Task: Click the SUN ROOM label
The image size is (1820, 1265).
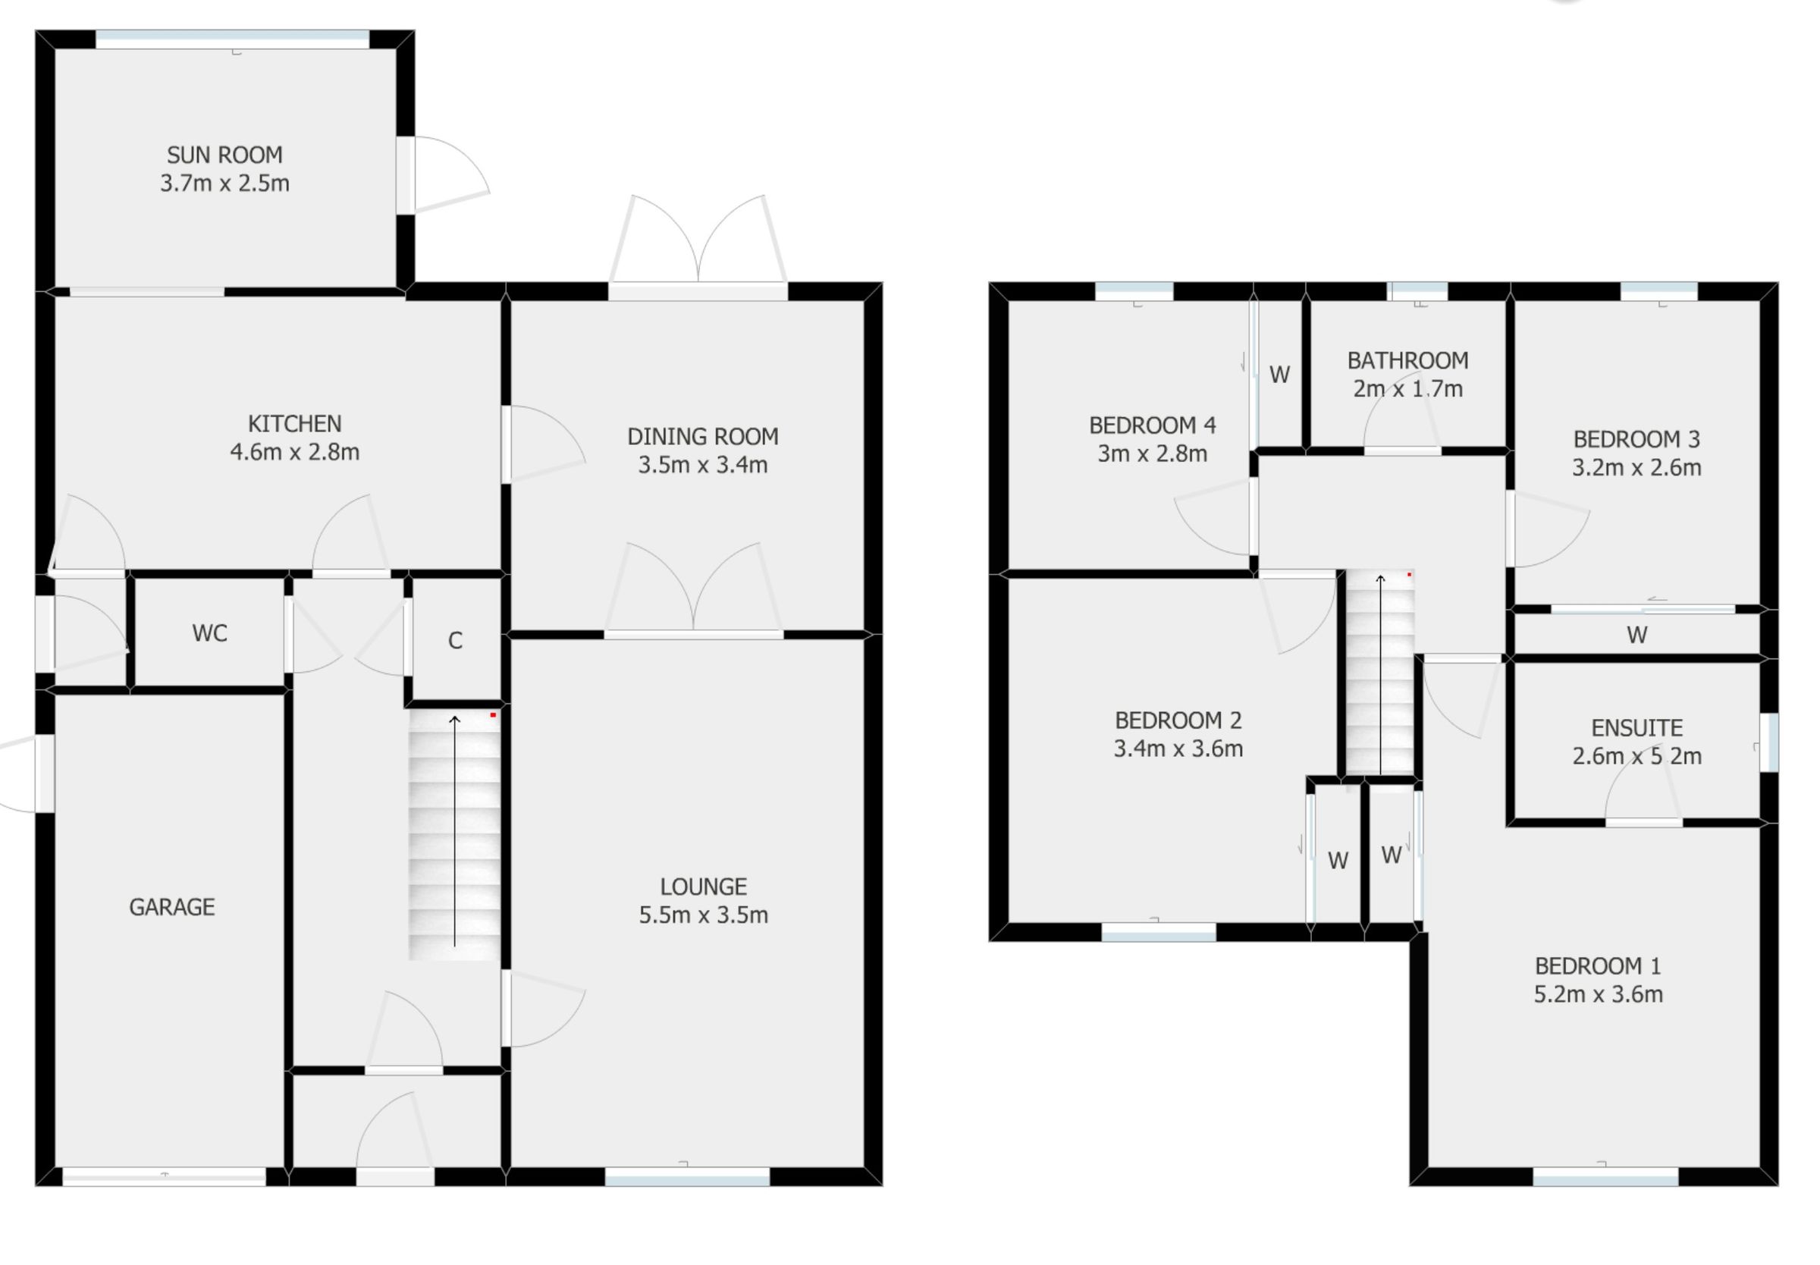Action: coord(224,155)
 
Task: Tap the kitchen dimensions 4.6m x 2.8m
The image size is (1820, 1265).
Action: coord(294,452)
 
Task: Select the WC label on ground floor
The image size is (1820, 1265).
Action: coord(209,633)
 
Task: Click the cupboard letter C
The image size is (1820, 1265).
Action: coord(455,640)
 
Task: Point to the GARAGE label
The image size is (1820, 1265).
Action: coord(171,907)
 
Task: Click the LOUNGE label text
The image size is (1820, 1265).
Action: coord(703,886)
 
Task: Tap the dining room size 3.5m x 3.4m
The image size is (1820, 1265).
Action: coord(702,464)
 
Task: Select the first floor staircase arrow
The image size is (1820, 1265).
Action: coord(1379,673)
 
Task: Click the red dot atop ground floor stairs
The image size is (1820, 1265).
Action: coord(493,715)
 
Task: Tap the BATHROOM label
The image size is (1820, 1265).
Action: coord(1407,361)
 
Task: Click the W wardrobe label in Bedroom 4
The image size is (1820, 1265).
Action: coord(1279,374)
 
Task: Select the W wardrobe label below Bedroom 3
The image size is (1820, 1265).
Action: coord(1636,635)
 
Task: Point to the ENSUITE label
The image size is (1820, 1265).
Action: coord(1636,727)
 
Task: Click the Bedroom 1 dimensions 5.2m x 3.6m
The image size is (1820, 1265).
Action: coord(1597,994)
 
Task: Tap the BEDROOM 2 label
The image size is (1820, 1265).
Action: coord(1178,720)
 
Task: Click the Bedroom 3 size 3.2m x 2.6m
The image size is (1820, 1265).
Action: coord(1636,468)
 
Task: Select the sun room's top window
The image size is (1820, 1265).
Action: coord(232,39)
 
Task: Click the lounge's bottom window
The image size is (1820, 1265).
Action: coord(686,1176)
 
